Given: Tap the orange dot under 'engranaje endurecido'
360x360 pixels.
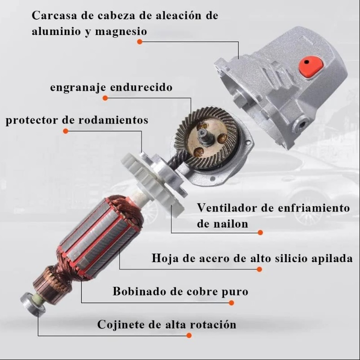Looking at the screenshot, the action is pos(105,98).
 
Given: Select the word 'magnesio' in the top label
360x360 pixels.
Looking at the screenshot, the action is pos(121,31).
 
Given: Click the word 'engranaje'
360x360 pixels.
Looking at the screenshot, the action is pos(78,88).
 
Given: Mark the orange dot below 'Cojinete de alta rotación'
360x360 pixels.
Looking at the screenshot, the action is pos(189,335).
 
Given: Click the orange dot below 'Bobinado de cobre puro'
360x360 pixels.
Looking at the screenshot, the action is pos(232,303).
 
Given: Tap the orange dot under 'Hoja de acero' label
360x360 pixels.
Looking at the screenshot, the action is pos(259,269).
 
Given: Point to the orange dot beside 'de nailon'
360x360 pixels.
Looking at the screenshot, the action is pos(260,233).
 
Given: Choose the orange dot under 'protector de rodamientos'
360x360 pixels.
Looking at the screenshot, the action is pos(66,131).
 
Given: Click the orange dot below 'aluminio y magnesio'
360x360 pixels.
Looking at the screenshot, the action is pos(140,42).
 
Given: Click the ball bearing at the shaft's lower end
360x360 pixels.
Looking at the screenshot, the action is pos(33,304).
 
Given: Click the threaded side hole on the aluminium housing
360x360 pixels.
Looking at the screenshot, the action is pos(302,124).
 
